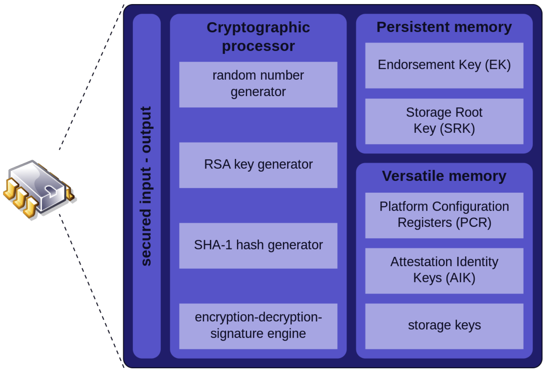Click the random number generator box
[258, 85]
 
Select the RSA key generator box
[258, 165]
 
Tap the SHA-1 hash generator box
[258, 246]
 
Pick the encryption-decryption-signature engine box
[258, 326]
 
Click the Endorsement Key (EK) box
[444, 66]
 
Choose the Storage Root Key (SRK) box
[444, 122]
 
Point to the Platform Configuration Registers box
[444, 215]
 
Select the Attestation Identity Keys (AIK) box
[444, 271]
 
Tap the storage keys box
[444, 326]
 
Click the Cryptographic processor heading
[258, 37]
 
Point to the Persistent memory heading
[444, 27]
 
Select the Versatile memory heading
[444, 176]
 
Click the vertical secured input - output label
[147, 186]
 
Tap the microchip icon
[39, 189]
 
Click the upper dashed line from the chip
[91, 77]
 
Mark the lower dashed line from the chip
[91, 291]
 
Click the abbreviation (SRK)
[457, 129]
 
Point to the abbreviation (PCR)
[473, 223]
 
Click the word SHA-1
[213, 245]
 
